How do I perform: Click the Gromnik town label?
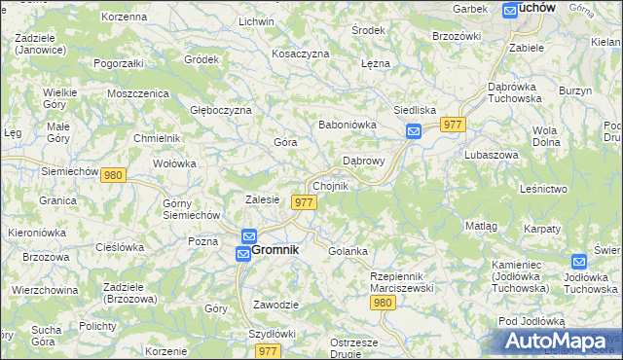coord(275,249)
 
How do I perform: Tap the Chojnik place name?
coord(329,186)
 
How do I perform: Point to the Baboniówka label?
coord(348,126)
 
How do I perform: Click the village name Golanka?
coord(348,251)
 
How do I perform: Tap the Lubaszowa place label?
coord(489,155)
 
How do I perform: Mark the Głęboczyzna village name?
coord(221,110)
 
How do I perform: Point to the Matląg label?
coord(482,226)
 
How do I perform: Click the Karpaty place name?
coord(542,229)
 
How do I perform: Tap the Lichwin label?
coord(256,20)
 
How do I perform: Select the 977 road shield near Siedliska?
coord(453,125)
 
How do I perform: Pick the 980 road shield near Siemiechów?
coord(113,175)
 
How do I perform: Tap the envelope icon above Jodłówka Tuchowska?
coord(580,262)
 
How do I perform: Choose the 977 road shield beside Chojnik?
coord(304,202)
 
